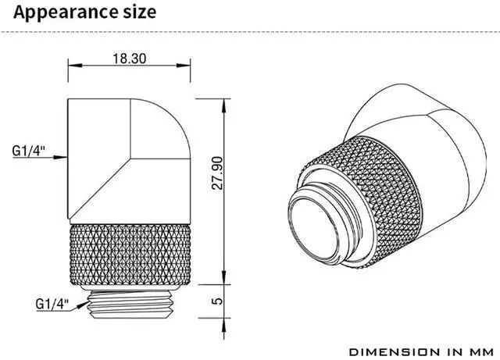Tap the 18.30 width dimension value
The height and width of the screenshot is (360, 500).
130,59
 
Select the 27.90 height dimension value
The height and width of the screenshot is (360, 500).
217,173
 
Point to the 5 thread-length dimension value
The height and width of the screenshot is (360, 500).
217,301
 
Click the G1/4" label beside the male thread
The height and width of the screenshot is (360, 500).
52,304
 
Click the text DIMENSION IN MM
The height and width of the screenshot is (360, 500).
422,352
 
